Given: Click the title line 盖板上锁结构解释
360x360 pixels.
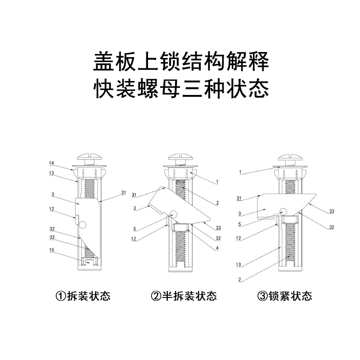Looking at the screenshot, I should [180, 62].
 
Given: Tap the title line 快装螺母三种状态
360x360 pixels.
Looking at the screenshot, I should [180, 88].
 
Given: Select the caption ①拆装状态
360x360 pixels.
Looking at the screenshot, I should [83, 296].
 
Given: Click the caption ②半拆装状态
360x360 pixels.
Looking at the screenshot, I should [184, 296].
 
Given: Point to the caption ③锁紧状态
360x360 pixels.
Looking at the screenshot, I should [284, 296].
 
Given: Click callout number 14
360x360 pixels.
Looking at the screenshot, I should [52, 162].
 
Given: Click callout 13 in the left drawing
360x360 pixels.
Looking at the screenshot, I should [52, 172].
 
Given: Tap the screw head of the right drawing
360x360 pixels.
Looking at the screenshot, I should [290, 159].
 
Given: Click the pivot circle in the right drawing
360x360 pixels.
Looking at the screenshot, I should [283, 210].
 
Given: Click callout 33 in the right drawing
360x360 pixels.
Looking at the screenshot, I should [332, 211].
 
